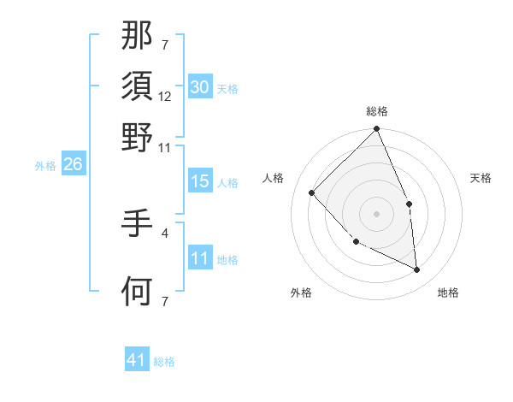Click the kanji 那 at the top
[138, 36]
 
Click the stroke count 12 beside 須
[165, 98]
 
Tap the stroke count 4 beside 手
[165, 231]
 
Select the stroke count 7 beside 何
[165, 300]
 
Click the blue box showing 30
[199, 87]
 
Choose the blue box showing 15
[199, 182]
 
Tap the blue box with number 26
[73, 165]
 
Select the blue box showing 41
[137, 361]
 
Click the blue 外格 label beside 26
[45, 166]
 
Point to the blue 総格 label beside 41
[164, 362]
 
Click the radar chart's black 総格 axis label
[377, 111]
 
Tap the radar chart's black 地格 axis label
[448, 293]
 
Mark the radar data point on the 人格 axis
[312, 192]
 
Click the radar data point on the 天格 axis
[409, 204]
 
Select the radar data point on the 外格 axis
[356, 242]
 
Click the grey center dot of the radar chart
[376, 214]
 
